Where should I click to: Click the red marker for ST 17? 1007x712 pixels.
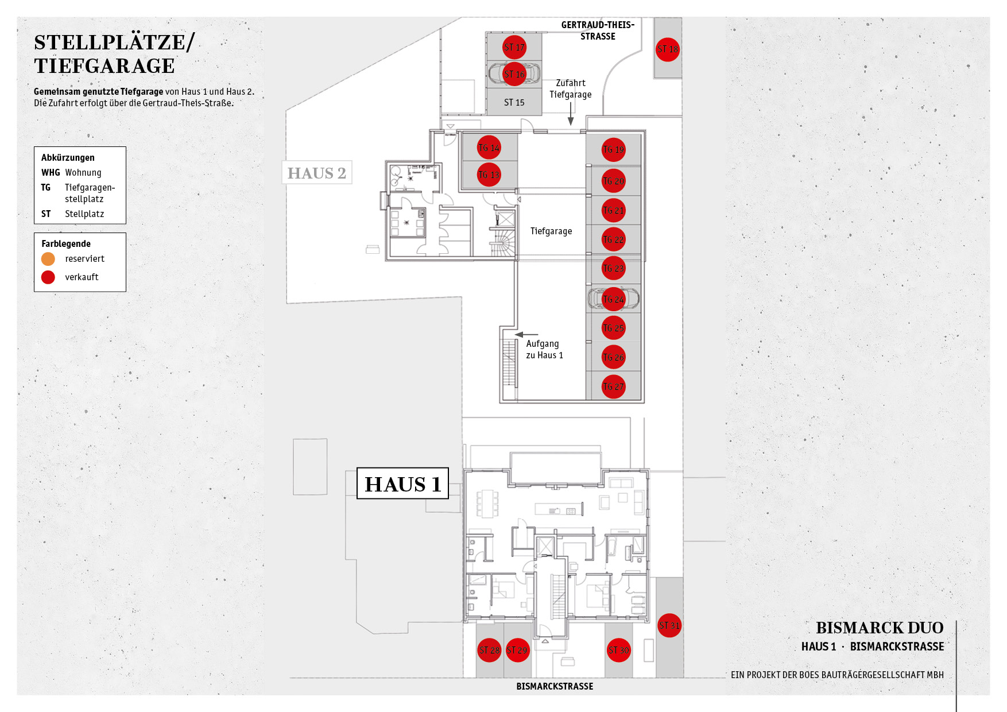tap(514, 47)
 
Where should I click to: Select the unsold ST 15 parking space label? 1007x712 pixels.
tap(514, 103)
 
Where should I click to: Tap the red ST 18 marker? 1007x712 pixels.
tap(668, 49)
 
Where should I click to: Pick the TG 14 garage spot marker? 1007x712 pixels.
tap(489, 148)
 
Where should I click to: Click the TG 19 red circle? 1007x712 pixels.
tap(614, 150)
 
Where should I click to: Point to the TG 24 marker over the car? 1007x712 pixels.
tap(614, 299)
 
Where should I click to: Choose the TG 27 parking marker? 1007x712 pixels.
tap(614, 386)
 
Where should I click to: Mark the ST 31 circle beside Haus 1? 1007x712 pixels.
tap(669, 625)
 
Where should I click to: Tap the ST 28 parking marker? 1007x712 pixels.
tap(490, 650)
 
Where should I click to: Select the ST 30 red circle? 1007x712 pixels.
tap(619, 650)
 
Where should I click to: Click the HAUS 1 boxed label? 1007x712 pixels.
tap(402, 483)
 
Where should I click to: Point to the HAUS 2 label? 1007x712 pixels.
tap(317, 173)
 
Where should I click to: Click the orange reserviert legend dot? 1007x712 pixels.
tap(48, 259)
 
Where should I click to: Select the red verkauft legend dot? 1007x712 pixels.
tap(48, 277)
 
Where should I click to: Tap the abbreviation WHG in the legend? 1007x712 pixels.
tap(51, 172)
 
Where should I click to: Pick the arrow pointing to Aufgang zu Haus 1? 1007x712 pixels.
tap(526, 334)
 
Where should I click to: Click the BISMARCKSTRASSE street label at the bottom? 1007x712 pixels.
tap(555, 686)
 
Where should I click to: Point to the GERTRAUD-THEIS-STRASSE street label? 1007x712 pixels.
tap(598, 30)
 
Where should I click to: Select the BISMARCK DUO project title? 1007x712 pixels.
tap(880, 628)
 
